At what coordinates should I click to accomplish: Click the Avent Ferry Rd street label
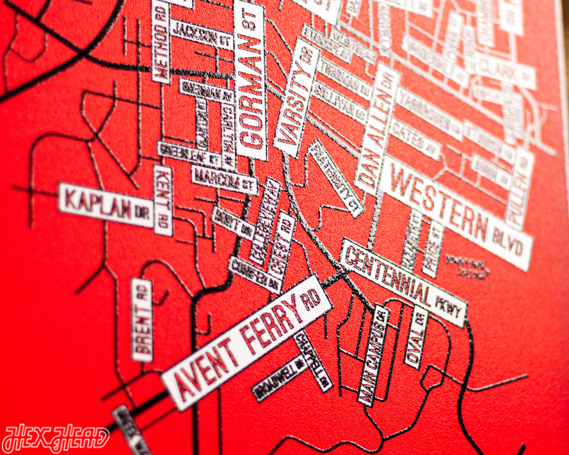246,342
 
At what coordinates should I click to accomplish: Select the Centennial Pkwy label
403,281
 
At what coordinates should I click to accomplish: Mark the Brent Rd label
142,319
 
